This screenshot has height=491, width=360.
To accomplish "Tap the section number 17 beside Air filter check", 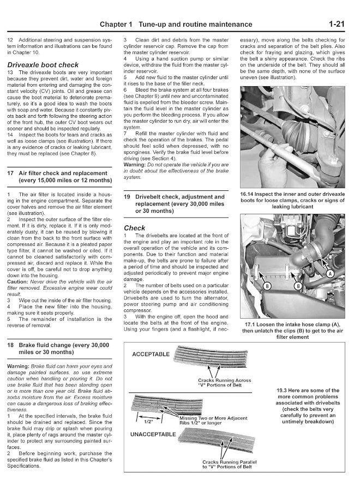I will tap(10, 172).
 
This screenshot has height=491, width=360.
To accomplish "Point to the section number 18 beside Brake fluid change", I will tap(10, 345).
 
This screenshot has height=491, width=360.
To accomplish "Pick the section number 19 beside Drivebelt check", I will tap(127, 196).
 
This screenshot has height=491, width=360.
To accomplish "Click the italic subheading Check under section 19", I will tap(135, 228).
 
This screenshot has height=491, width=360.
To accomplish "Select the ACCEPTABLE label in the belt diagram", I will tap(151, 354).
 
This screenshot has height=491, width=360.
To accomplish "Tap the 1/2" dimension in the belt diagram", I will tap(147, 421).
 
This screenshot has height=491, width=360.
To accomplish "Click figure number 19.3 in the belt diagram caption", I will tap(287, 390).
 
